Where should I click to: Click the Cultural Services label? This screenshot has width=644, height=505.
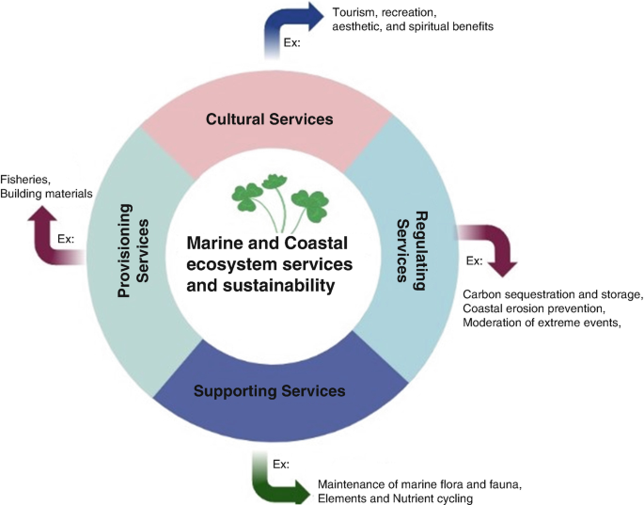coord(271,120)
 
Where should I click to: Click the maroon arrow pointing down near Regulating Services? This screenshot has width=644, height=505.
coord(494,244)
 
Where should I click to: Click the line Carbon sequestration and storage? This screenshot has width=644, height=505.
coord(553,295)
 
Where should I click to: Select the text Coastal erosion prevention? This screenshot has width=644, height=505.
coord(533,308)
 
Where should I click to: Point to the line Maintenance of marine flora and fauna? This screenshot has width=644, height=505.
coord(419,482)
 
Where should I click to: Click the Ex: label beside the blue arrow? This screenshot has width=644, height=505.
coord(293,42)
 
